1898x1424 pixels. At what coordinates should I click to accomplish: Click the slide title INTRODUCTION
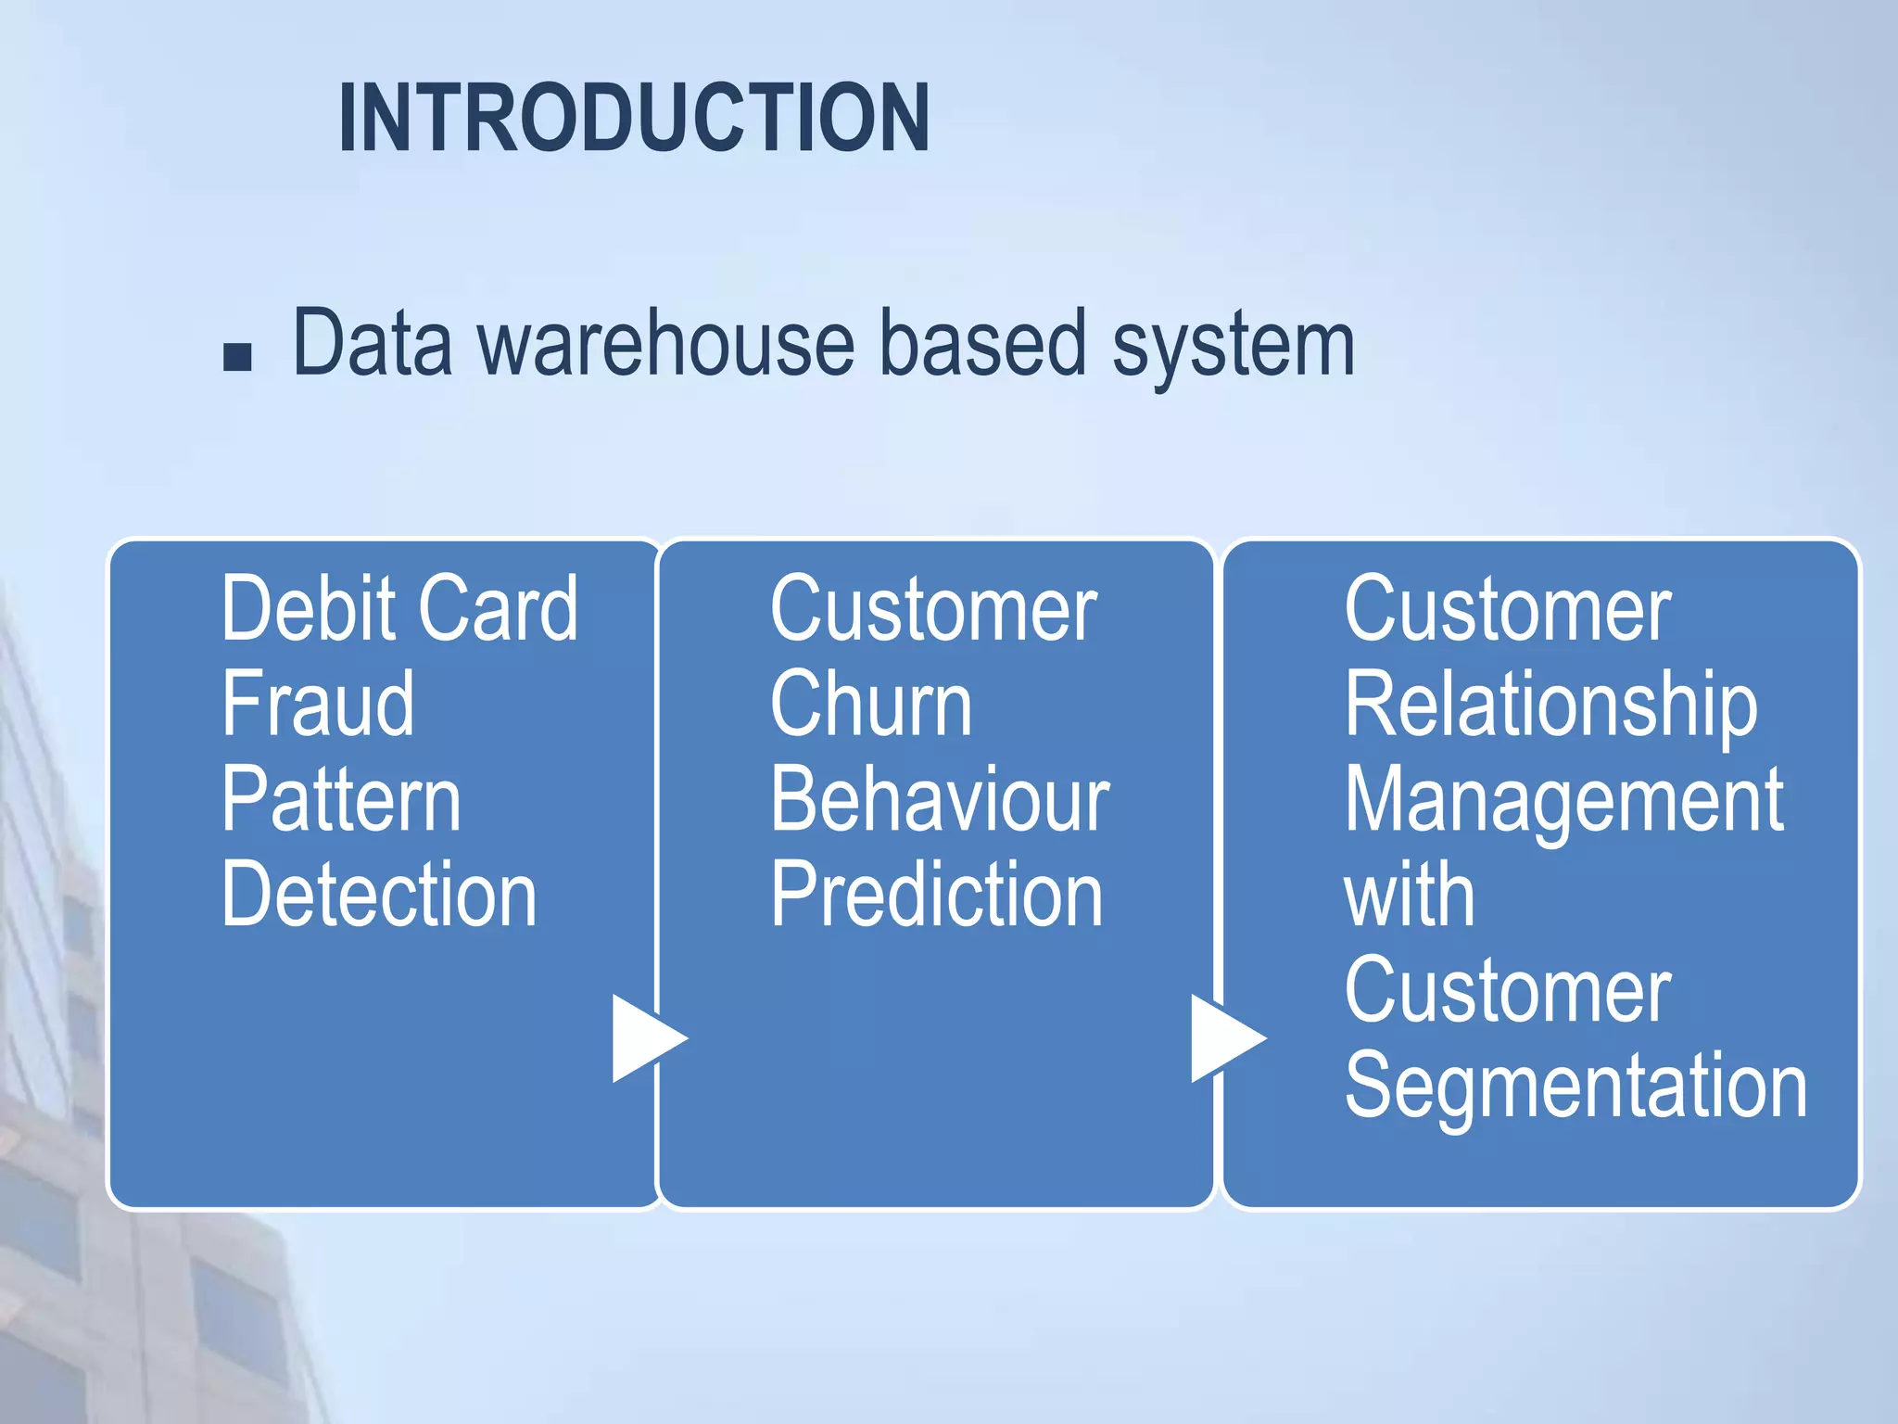click(634, 118)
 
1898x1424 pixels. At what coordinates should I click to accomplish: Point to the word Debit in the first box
click(307, 609)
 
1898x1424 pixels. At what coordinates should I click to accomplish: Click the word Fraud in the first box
click(318, 705)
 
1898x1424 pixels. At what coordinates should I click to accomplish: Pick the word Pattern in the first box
click(340, 800)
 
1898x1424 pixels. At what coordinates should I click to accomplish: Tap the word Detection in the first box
click(379, 895)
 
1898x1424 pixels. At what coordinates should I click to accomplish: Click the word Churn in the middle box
click(871, 705)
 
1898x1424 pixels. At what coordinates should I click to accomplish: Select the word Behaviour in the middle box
click(940, 800)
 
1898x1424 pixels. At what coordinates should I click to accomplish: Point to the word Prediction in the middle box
click(937, 895)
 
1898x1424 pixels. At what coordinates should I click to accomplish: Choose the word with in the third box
click(1409, 895)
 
